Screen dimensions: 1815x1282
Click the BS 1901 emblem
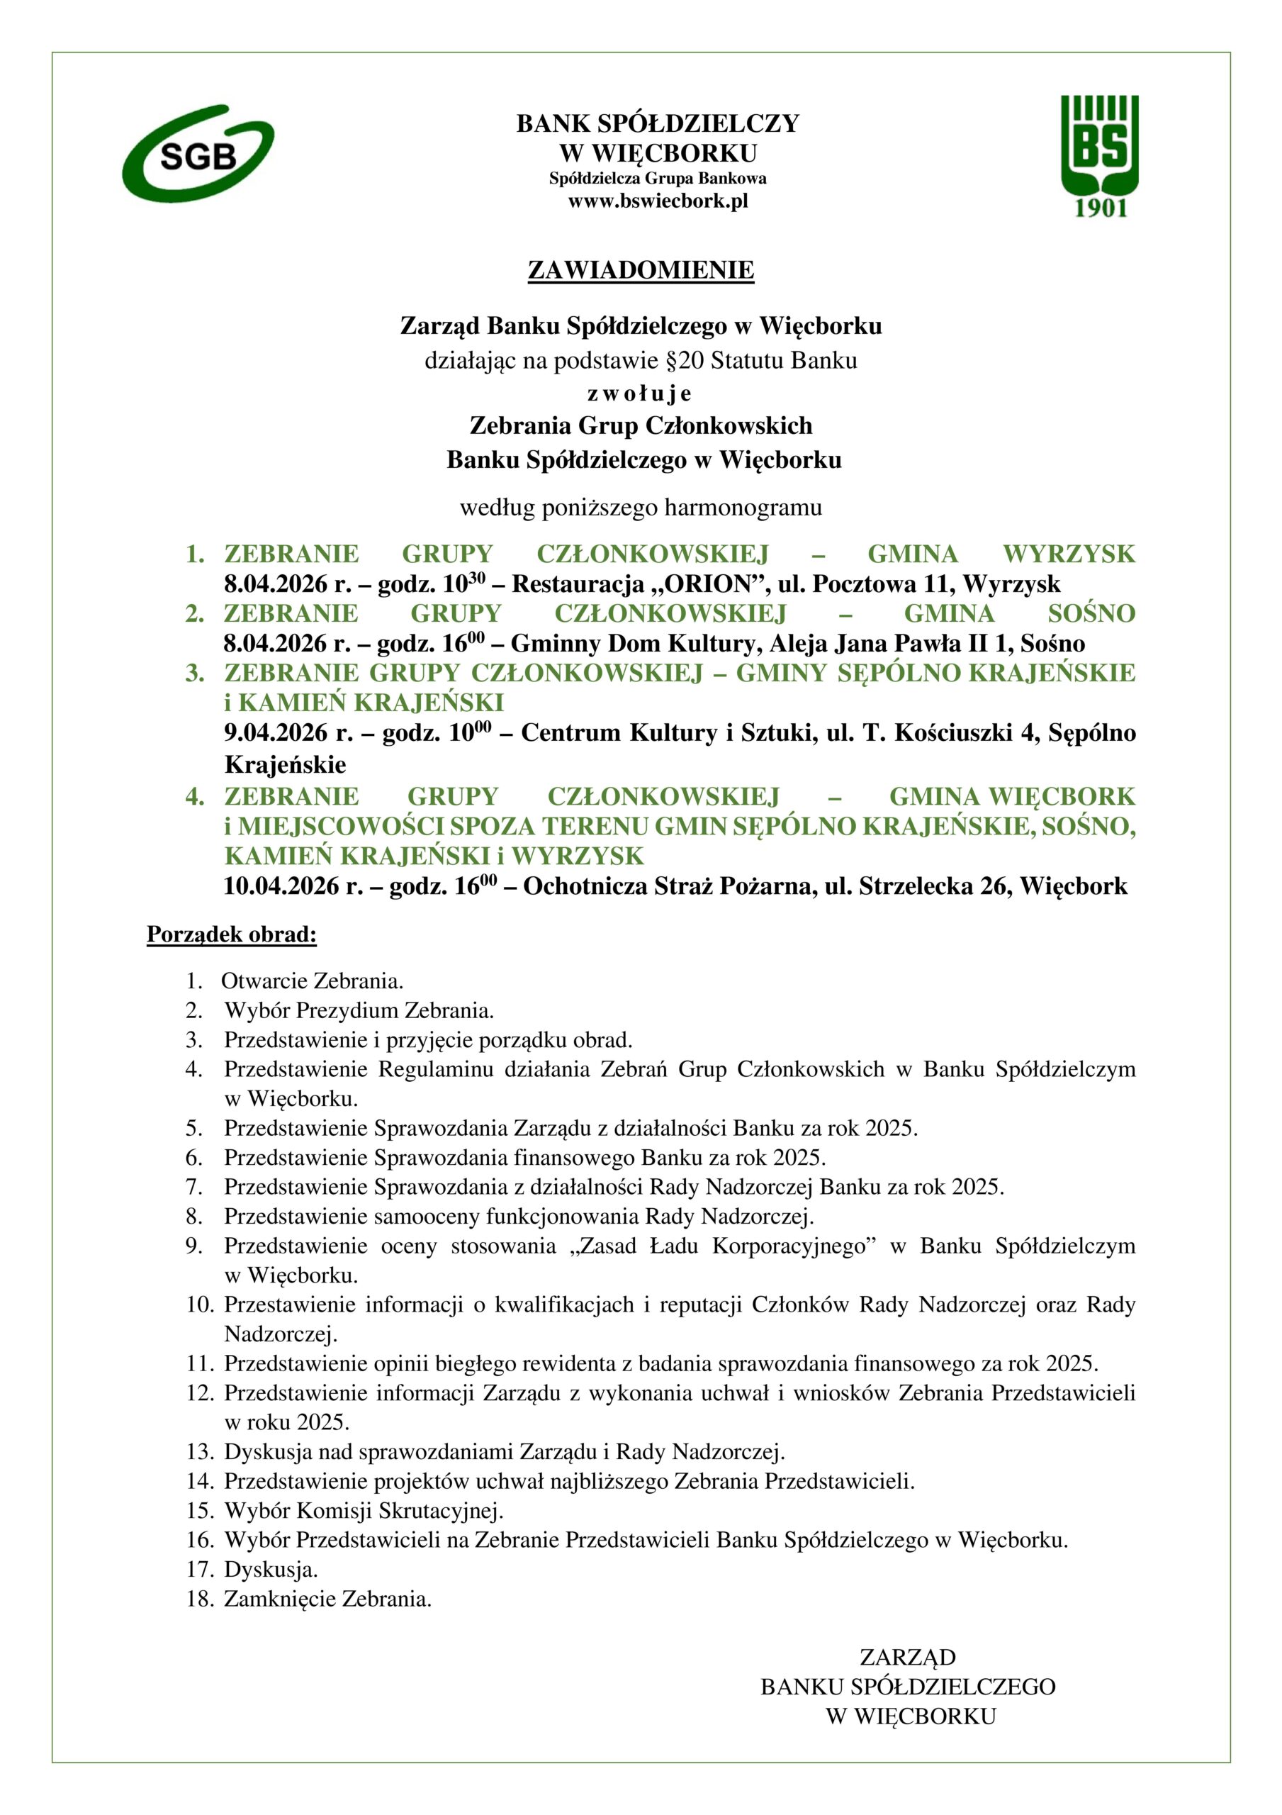[x=1098, y=156]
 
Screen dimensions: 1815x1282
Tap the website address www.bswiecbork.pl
[x=658, y=201]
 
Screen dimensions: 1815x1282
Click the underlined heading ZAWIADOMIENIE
[x=640, y=270]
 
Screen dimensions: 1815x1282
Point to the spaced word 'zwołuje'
[x=640, y=393]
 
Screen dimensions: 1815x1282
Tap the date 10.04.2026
[x=281, y=886]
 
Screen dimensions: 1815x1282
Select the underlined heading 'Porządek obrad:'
[x=232, y=934]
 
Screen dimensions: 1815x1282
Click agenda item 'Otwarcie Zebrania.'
[x=313, y=981]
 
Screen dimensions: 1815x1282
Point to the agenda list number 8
[x=194, y=1215]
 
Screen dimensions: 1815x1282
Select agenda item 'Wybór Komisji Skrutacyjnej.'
[x=364, y=1511]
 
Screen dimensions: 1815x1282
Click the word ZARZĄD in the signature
[x=907, y=1657]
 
